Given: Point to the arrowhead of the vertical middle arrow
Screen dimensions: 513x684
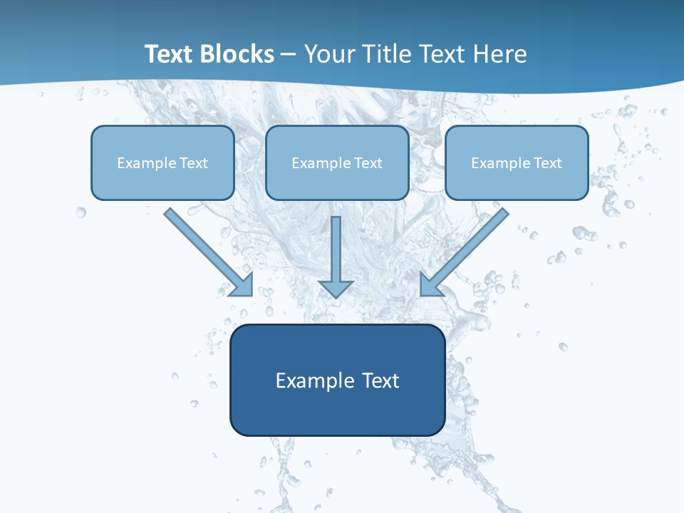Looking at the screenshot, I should coord(336,288).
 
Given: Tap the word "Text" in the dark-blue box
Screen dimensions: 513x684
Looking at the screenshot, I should coord(380,380).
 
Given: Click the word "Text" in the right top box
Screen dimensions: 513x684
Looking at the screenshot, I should coord(548,163).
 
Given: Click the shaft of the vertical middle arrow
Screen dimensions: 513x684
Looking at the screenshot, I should coord(336,246).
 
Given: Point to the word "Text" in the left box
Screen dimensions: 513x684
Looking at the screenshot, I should coord(194,163).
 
